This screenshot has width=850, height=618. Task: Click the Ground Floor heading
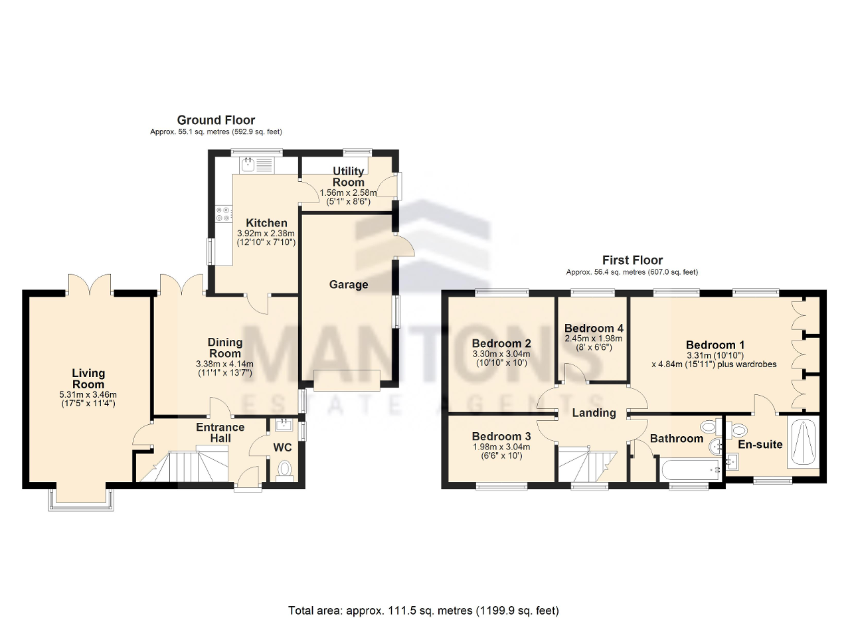[216, 120]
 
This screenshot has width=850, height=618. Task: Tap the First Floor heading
[632, 260]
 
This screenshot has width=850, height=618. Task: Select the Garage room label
[349, 285]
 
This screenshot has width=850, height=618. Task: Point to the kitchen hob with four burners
[223, 214]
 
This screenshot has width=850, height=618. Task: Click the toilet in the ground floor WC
[284, 471]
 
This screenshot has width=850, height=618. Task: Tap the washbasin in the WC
[284, 425]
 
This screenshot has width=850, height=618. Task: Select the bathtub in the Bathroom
[691, 471]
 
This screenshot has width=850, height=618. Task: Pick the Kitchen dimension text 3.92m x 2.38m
[266, 234]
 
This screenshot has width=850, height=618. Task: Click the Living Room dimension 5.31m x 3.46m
[88, 395]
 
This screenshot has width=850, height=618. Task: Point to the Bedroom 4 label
[594, 328]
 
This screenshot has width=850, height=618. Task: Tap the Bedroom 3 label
[501, 436]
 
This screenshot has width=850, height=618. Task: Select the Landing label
[594, 413]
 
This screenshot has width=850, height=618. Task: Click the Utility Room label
[349, 177]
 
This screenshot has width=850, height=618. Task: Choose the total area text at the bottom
[424, 589]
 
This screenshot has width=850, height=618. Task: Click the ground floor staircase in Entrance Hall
[184, 466]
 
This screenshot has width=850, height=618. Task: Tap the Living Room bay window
[81, 501]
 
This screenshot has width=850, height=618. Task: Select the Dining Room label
[225, 348]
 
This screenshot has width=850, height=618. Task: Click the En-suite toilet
[736, 430]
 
